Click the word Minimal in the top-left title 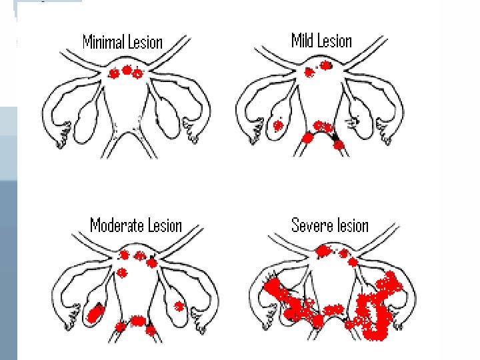click(103, 43)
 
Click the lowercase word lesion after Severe click(352, 225)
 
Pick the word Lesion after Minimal click(144, 43)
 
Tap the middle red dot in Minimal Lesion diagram click(127, 70)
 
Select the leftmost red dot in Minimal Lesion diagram click(114, 73)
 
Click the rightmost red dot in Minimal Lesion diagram click(138, 73)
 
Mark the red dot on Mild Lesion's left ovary click(277, 125)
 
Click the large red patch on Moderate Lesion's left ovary click(95, 311)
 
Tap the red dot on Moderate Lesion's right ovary click(179, 306)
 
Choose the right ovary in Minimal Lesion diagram click(169, 118)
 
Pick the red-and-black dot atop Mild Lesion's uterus click(325, 65)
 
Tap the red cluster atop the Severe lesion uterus click(323, 251)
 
